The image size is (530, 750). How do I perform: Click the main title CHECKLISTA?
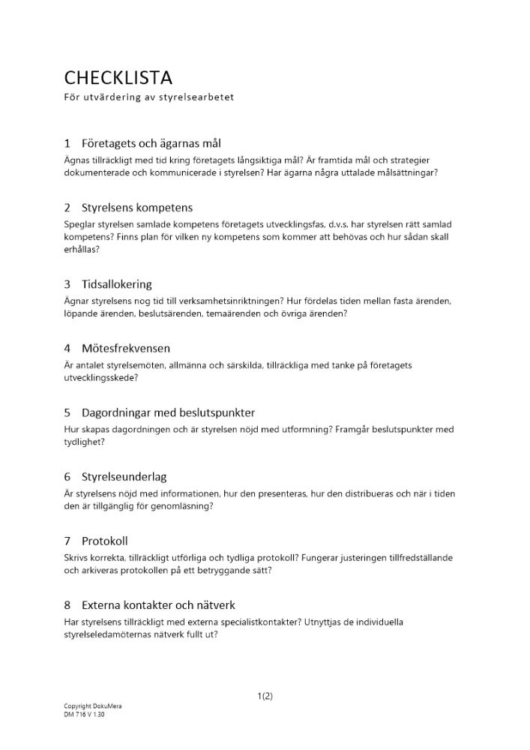[x=118, y=78]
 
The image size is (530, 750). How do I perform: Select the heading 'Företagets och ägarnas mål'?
[x=151, y=143]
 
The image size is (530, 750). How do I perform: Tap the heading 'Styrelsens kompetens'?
[x=137, y=208]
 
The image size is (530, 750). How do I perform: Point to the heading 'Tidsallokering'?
[x=116, y=284]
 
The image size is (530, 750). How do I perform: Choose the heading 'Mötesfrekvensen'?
[x=126, y=348]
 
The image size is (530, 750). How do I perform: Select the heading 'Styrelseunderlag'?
[x=124, y=476]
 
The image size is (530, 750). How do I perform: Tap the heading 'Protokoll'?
[x=104, y=541]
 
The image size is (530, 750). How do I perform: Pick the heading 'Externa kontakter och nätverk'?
[x=158, y=604]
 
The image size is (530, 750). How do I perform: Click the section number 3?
[x=67, y=284]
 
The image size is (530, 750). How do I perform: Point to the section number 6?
[x=67, y=476]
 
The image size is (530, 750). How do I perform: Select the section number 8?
[x=67, y=604]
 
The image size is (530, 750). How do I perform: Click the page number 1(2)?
[x=265, y=696]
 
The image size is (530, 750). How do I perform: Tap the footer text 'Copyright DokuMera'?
[x=93, y=706]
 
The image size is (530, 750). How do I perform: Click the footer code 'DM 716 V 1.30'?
[x=85, y=715]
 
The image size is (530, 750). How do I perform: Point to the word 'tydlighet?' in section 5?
[x=84, y=442]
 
